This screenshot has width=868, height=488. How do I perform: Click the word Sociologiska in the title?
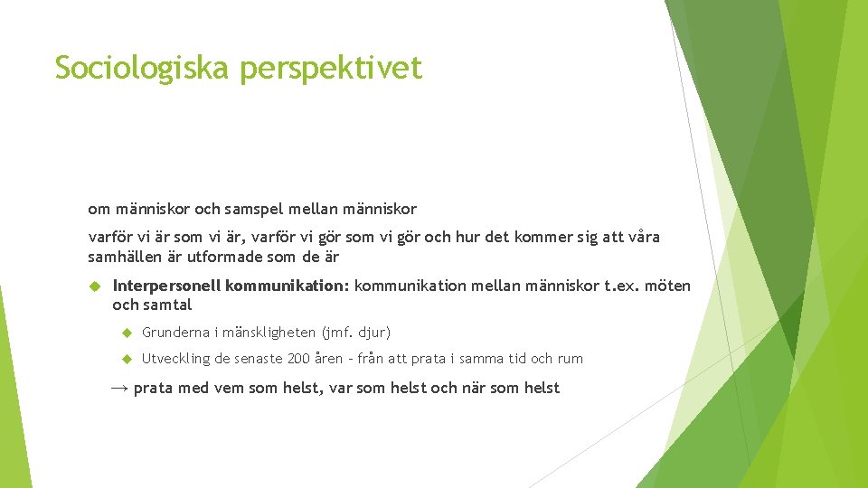[x=143, y=68]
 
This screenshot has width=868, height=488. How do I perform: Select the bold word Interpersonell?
[x=166, y=286]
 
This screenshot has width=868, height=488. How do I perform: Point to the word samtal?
[x=168, y=305]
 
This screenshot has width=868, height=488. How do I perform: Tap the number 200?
[x=298, y=359]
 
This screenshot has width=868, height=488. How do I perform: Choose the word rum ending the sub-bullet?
[x=570, y=359]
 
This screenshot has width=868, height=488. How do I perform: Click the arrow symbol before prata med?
[x=119, y=388]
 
